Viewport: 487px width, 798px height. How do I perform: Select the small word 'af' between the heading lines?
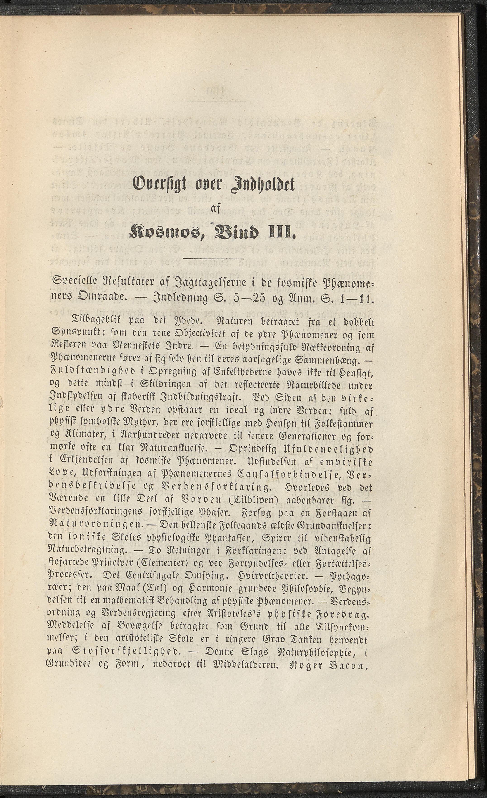[x=216, y=210]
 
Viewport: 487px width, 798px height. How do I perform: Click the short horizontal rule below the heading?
[x=214, y=258]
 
